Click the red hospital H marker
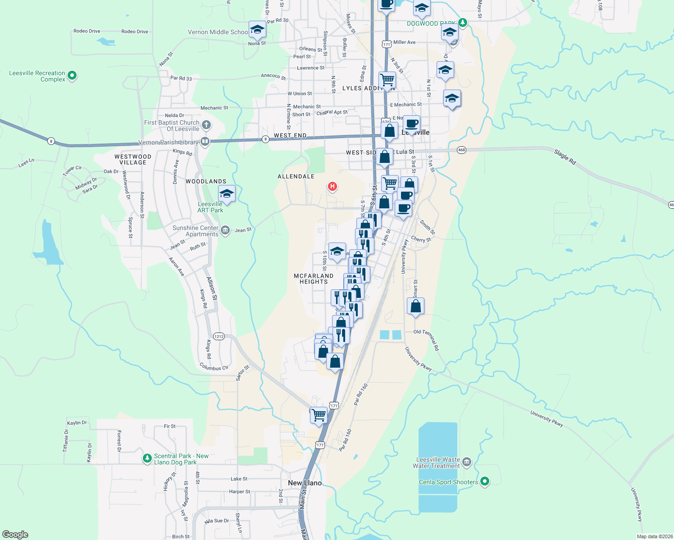click(x=332, y=186)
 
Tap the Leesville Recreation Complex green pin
click(x=72, y=76)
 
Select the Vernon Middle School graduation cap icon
click(x=257, y=30)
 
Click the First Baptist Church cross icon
click(x=206, y=125)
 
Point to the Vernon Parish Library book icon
click(x=205, y=142)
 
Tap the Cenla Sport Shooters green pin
click(x=485, y=481)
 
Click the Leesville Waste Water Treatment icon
click(x=467, y=462)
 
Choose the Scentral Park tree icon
click(x=147, y=458)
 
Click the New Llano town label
click(x=305, y=483)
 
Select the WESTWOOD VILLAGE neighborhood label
click(x=133, y=159)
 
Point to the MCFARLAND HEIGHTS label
click(x=314, y=279)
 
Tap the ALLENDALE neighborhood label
click(x=296, y=176)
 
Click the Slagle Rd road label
click(x=565, y=157)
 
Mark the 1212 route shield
click(x=219, y=336)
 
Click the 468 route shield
click(x=461, y=150)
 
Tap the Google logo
click(x=15, y=534)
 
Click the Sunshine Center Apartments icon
click(x=225, y=230)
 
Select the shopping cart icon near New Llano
click(x=319, y=415)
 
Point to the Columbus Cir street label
click(x=214, y=368)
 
